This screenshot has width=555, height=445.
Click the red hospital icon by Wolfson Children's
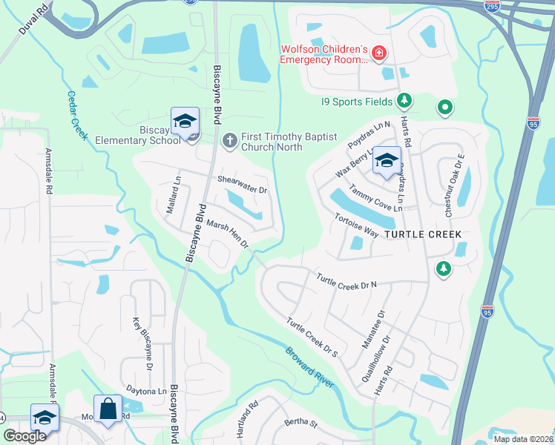378,53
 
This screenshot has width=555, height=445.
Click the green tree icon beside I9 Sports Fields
404,100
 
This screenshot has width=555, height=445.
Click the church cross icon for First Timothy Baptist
230,139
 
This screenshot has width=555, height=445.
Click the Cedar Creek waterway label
78,115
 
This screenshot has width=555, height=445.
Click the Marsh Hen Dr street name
227,234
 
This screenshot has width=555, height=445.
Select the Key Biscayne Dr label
142,344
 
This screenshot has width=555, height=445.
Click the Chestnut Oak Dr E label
454,185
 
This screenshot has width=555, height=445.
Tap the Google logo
24,436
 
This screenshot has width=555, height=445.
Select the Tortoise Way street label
356,227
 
